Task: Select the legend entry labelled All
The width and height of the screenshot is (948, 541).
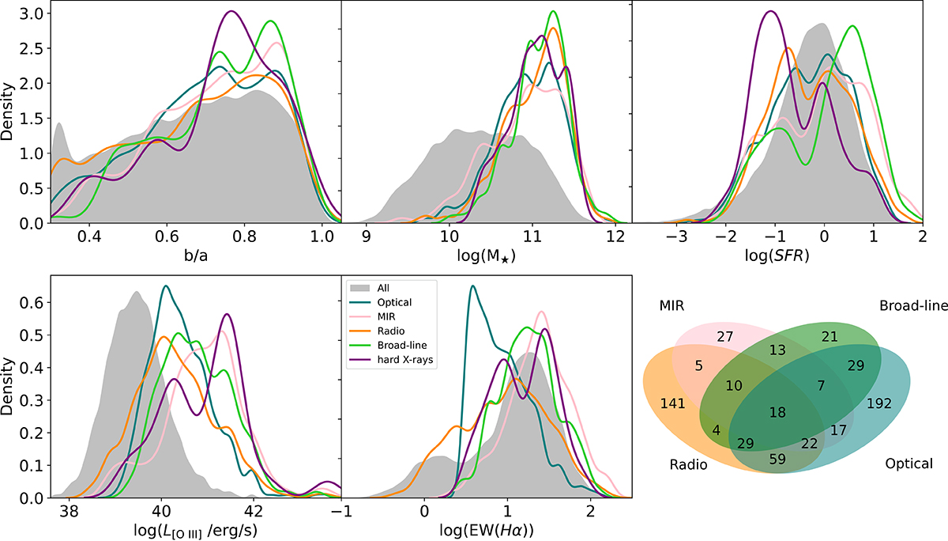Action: click(398, 289)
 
